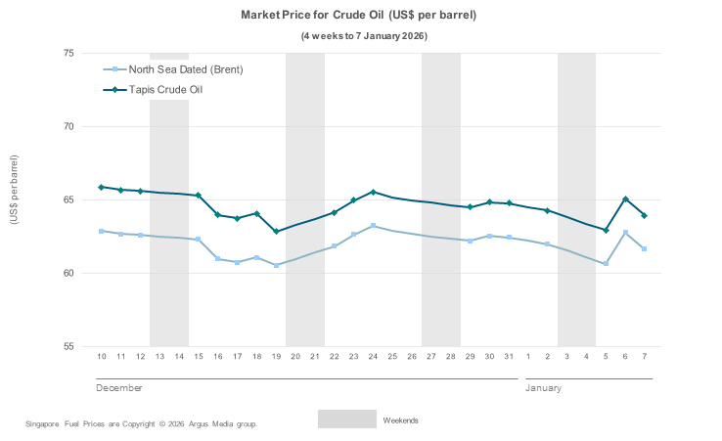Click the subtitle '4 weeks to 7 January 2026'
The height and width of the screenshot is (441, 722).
click(364, 36)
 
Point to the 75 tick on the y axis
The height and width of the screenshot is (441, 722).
click(69, 53)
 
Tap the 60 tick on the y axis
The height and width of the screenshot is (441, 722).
click(69, 273)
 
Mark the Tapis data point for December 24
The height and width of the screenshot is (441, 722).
click(373, 192)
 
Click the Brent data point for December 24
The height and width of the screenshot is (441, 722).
click(373, 226)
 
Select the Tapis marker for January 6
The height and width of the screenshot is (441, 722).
click(625, 199)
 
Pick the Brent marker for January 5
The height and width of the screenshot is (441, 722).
click(606, 264)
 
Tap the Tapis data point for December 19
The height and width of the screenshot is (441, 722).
click(276, 232)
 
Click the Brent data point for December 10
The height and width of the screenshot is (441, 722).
click(101, 231)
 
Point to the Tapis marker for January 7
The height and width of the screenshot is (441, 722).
click(645, 216)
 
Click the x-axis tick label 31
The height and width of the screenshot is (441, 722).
click(509, 356)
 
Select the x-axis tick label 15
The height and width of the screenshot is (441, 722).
click(198, 356)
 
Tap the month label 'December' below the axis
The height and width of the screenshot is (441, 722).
click(118, 388)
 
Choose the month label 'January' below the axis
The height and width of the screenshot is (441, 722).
click(544, 388)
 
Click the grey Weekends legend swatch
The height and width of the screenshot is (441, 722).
click(346, 419)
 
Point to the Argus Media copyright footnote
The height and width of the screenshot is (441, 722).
click(141, 424)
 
